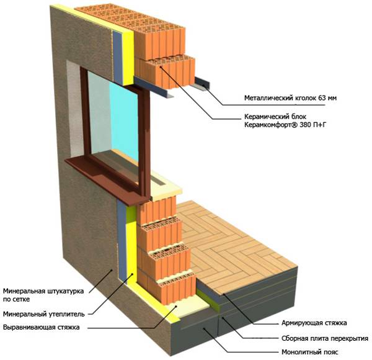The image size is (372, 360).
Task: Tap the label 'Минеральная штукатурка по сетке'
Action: (x=42, y=294)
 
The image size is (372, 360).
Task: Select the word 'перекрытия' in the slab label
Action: (x=348, y=339)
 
